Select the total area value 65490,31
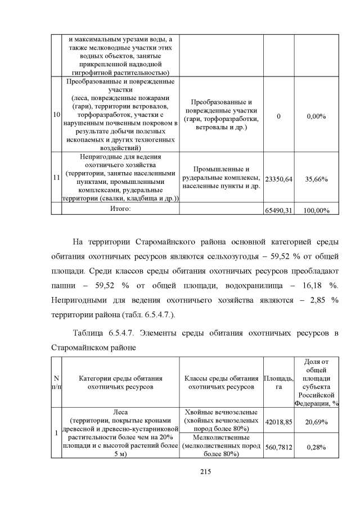tap(278, 210)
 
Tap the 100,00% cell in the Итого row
tap(316, 210)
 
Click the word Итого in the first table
tap(120, 209)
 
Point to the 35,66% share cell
tap(316, 178)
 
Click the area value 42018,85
tap(278, 421)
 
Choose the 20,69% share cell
tap(316, 421)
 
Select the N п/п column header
tap(56, 382)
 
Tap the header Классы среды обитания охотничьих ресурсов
tap(220, 382)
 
